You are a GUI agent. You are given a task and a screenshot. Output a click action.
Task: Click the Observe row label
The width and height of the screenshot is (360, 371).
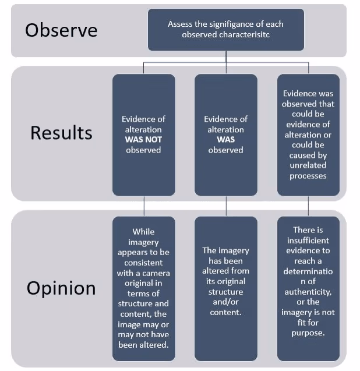pyautogui.click(x=61, y=30)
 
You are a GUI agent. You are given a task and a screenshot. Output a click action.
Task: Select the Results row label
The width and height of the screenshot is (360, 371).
pyautogui.click(x=61, y=132)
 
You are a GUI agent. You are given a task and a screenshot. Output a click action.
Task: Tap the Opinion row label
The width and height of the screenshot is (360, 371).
pyautogui.click(x=61, y=288)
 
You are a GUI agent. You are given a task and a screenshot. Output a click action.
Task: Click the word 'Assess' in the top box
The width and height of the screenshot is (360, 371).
pyautogui.click(x=180, y=24)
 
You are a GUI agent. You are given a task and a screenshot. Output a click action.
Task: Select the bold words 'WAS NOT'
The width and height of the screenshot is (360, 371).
pyautogui.click(x=143, y=140)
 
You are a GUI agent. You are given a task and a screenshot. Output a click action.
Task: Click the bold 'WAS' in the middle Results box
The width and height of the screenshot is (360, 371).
pyautogui.click(x=225, y=140)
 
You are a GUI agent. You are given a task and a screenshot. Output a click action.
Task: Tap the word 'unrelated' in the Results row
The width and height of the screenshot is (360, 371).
pyautogui.click(x=308, y=165)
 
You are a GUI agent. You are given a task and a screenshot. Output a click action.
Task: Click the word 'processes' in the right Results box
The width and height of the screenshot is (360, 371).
pyautogui.click(x=308, y=176)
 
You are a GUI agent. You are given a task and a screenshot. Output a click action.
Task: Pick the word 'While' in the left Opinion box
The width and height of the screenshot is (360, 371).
pyautogui.click(x=143, y=231)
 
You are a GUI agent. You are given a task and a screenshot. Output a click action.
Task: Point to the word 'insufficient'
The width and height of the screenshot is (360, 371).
pyautogui.click(x=308, y=240)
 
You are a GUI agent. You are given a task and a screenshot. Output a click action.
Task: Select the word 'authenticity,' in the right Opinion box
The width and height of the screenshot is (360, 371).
pyautogui.click(x=308, y=292)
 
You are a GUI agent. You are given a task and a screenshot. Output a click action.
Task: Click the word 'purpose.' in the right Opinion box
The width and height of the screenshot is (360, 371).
pyautogui.click(x=308, y=333)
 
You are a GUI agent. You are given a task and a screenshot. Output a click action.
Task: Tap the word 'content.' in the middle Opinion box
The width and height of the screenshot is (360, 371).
pyautogui.click(x=225, y=312)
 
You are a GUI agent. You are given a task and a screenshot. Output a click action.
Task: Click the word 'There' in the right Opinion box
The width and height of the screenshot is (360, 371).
pyautogui.click(x=308, y=229)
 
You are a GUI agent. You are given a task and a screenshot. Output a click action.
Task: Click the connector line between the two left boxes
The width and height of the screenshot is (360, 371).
pyautogui.click(x=143, y=206)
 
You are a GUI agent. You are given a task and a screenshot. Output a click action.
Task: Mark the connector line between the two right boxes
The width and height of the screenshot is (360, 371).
pyautogui.click(x=308, y=206)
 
